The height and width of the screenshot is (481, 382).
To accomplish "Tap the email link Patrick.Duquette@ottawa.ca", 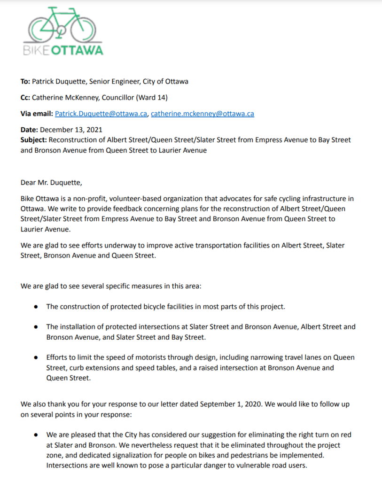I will click(x=101, y=114).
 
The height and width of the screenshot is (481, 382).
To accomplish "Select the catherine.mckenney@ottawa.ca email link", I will click(x=203, y=114).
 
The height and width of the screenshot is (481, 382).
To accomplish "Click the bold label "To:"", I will click(x=25, y=81).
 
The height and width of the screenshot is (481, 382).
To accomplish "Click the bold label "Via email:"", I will click(x=37, y=114).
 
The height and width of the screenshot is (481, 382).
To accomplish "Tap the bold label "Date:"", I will click(x=30, y=130).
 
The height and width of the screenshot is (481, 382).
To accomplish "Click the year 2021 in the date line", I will click(x=94, y=130).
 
